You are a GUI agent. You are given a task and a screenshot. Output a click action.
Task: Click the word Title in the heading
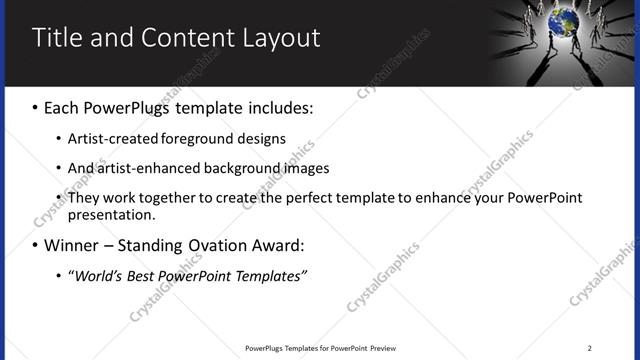tap(58, 38)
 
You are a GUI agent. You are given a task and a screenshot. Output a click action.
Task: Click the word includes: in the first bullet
tap(276, 107)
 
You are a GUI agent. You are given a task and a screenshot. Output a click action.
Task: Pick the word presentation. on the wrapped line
tap(112, 215)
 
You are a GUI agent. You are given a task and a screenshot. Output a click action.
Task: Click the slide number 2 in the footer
tap(589, 348)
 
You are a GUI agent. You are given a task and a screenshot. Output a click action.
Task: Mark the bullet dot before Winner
tap(36, 246)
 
